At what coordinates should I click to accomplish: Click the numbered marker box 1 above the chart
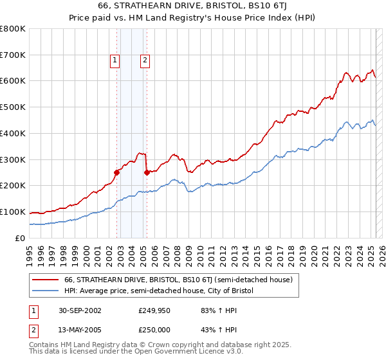click(115, 61)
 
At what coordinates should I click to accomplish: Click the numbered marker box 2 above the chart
click(145, 61)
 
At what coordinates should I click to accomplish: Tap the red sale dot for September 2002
click(117, 172)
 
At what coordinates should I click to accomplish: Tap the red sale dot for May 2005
click(147, 172)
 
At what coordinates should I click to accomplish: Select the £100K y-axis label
click(13, 212)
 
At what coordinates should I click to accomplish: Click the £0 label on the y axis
click(19, 238)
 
